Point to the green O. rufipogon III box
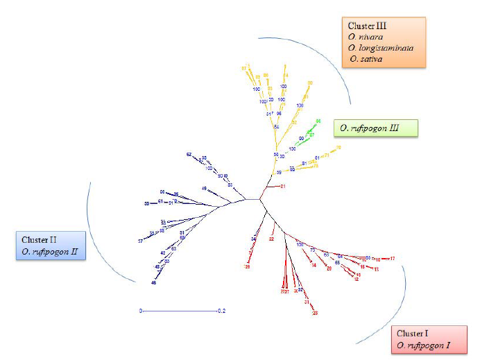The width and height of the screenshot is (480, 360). tap(376, 128)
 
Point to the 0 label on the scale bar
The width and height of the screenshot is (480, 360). tap(141, 311)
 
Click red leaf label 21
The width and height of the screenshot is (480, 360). tap(282, 187)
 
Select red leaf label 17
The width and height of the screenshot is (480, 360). tap(393, 259)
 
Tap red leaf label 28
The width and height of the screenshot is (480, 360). tap(315, 314)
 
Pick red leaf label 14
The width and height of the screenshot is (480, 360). tap(314, 265)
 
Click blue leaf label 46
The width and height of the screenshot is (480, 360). tap(154, 282)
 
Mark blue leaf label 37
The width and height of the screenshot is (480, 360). tap(140, 240)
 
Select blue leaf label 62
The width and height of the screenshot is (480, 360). tap(189, 154)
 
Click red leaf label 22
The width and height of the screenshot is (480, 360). tap(271, 239)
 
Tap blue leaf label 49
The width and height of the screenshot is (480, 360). tap(204, 189)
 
